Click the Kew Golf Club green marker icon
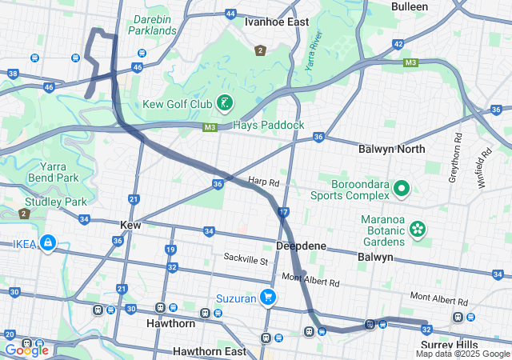pos(227,102)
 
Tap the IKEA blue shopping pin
pos(47,242)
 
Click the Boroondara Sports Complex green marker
pos(402,189)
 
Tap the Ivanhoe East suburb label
pos(277,22)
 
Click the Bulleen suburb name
pos(410,6)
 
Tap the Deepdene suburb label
pos(302,246)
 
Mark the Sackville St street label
pos(245,260)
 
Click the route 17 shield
pos(283,212)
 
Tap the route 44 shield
pos(230,14)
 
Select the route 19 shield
pos(170,250)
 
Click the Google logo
pos(26,350)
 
